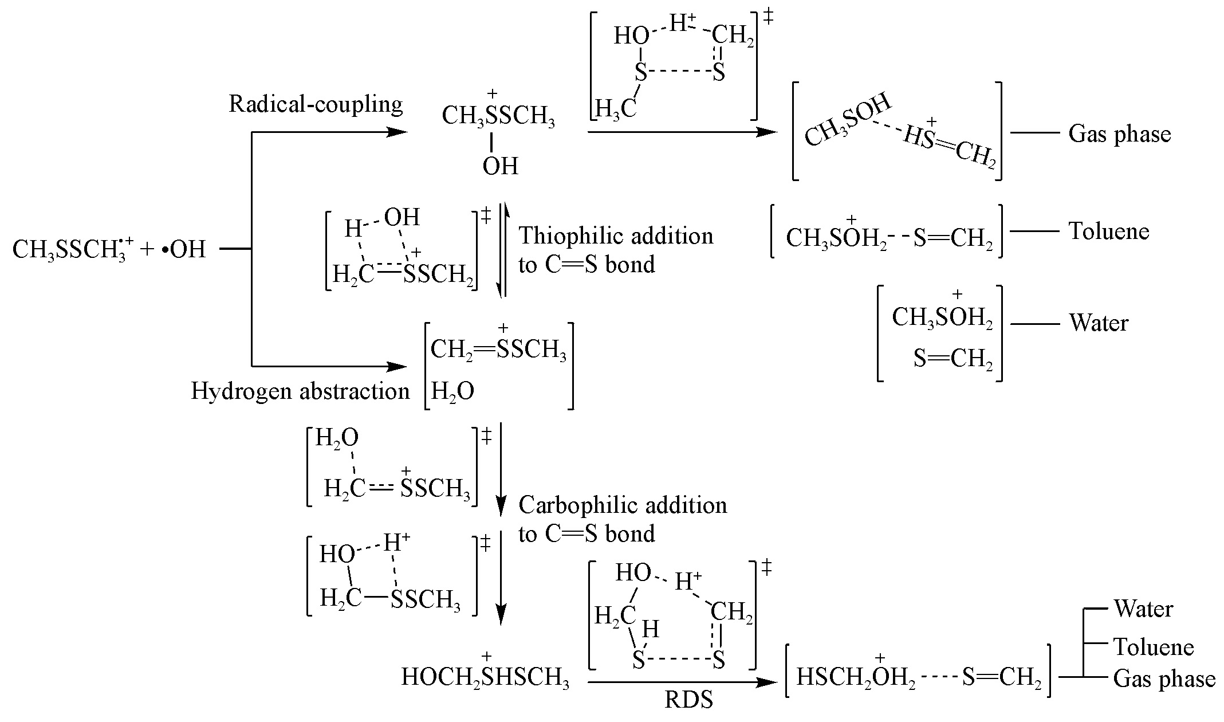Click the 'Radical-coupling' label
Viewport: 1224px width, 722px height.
point(316,105)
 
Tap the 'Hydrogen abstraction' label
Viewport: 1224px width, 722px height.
point(300,391)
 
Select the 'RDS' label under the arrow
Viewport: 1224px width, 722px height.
point(688,700)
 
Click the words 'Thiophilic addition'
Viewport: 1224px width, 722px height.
point(616,236)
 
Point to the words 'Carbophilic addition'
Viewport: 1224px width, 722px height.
point(623,505)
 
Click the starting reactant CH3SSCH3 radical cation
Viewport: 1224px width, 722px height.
point(72,250)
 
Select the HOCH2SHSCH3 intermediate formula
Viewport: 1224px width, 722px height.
point(485,677)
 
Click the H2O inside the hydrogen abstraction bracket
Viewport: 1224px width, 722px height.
point(452,392)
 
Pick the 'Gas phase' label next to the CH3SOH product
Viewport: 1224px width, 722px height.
point(1119,134)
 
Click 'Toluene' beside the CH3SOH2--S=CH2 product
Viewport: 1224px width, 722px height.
point(1109,231)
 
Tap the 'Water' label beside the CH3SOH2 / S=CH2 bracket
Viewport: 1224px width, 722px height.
point(1099,323)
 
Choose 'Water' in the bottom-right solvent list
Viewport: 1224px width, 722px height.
point(1143,609)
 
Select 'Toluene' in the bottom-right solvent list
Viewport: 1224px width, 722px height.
point(1154,648)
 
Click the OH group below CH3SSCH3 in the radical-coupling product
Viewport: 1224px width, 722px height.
point(500,166)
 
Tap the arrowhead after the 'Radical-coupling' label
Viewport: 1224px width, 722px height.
point(396,132)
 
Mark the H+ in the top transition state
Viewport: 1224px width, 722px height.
point(682,25)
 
